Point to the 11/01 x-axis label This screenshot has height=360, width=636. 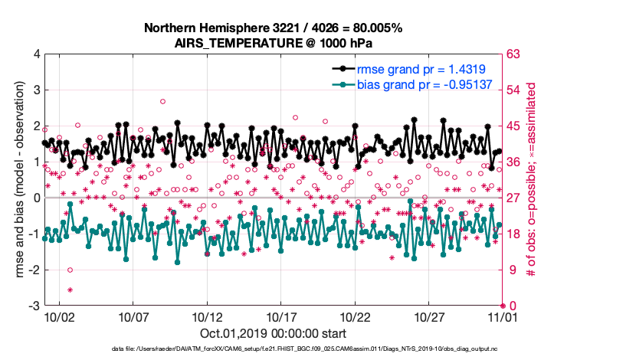502,316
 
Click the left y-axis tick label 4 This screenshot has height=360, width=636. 36,54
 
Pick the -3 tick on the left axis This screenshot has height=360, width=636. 34,306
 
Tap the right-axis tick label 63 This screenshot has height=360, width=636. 514,54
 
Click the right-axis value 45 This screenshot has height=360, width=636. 514,126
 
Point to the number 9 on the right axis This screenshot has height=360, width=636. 511,270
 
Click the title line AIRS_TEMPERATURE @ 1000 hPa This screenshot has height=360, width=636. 274,43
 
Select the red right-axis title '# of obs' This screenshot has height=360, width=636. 530,180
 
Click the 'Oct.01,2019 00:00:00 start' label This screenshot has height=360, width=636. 274,333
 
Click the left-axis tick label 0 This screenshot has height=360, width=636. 36,198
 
